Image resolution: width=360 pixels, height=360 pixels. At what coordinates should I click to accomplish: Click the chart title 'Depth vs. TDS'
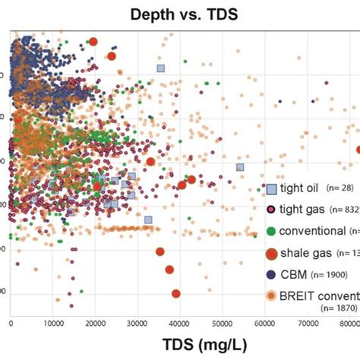[181, 14]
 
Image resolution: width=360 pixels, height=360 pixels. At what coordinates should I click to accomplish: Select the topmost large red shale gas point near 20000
[93, 43]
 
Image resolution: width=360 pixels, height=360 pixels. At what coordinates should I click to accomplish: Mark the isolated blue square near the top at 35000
[160, 68]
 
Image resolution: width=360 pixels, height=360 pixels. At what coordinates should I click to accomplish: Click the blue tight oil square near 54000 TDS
[240, 167]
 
